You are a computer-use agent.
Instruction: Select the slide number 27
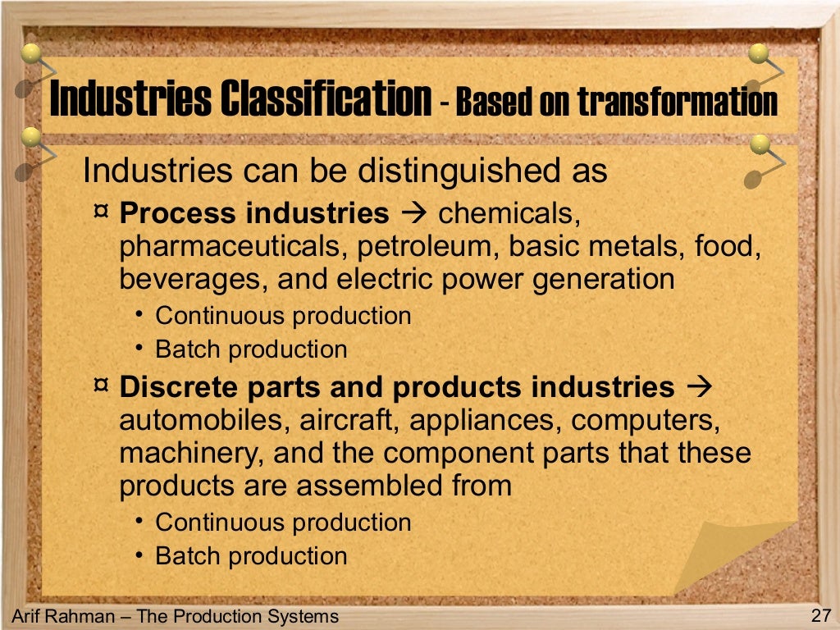coord(820,616)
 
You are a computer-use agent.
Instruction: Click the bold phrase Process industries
coord(254,213)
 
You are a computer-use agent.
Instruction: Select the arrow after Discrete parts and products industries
coord(700,386)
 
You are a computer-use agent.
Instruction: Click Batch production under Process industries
coord(251,349)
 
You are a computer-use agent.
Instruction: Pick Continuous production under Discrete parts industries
coord(283,523)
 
